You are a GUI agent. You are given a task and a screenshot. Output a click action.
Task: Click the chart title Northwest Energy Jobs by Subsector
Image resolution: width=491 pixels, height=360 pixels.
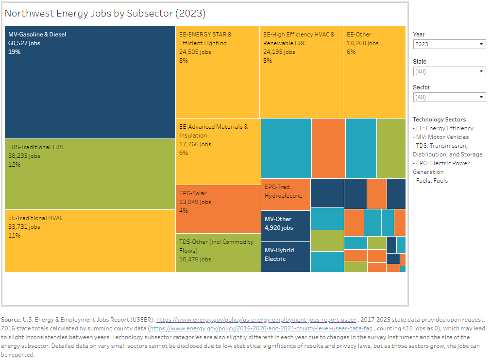pos(105,14)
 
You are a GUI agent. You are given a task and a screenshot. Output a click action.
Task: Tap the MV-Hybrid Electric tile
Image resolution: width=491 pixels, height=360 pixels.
pos(286,257)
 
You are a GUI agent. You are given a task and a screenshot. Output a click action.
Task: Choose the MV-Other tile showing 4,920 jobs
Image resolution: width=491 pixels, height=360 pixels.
pos(286,225)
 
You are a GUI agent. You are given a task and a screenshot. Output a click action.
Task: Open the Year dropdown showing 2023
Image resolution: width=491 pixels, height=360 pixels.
pos(449,44)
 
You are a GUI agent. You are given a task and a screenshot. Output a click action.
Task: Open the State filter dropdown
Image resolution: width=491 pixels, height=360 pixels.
pos(449,71)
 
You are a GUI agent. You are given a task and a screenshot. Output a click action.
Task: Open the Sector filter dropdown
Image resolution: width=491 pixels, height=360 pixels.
pos(449,97)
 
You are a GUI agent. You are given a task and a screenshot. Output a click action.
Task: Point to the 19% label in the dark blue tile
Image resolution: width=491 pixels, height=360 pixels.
pos(15,52)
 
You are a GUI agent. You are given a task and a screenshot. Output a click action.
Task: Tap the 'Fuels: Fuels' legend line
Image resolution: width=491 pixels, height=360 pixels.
pos(430,181)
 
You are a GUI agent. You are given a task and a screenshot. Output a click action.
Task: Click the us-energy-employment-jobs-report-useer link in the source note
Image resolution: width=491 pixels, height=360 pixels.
pos(256,320)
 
